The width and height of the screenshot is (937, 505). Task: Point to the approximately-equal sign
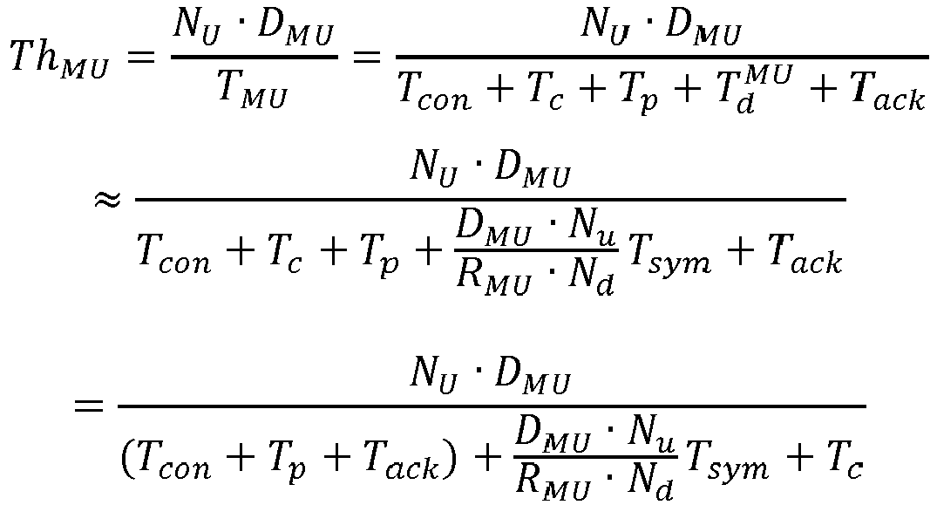point(107,200)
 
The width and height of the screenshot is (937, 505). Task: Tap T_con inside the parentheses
point(174,461)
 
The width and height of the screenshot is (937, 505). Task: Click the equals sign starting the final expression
point(88,407)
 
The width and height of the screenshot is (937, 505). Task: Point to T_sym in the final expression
point(728,461)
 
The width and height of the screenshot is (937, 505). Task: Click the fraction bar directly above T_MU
point(255,58)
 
